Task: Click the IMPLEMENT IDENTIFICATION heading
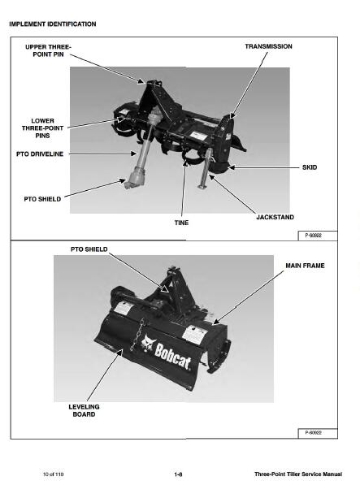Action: (x=53, y=24)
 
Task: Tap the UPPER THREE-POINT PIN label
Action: (x=48, y=50)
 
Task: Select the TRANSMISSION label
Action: (x=268, y=46)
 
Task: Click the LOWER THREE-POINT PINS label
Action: (x=43, y=128)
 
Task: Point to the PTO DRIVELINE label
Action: (x=40, y=154)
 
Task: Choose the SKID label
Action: (x=310, y=167)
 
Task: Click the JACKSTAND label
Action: (x=275, y=217)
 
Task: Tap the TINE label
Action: (x=181, y=223)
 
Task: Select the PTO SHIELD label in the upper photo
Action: (x=42, y=199)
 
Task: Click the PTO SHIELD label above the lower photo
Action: (x=89, y=249)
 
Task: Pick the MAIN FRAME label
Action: (x=305, y=266)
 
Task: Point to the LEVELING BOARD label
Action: (x=84, y=410)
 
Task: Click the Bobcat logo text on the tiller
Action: (x=172, y=355)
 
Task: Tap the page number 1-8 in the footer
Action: (x=178, y=474)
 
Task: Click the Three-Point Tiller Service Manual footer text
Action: (x=298, y=474)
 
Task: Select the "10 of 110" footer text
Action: (x=53, y=474)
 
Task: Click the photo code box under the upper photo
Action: (x=318, y=236)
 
